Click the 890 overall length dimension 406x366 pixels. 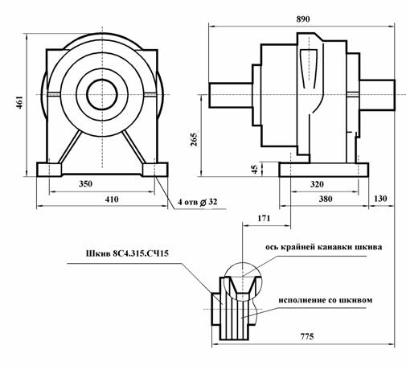pyautogui.click(x=303, y=19)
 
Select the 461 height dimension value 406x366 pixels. pyautogui.click(x=20, y=102)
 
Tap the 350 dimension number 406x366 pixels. pyautogui.click(x=85, y=184)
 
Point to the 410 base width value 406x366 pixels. pyautogui.click(x=112, y=199)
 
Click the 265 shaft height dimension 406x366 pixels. pyautogui.click(x=194, y=139)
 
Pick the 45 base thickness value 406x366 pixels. pyautogui.click(x=255, y=169)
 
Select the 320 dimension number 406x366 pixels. pyautogui.click(x=317, y=184)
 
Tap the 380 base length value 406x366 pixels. pyautogui.click(x=326, y=199)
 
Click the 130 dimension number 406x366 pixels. pyautogui.click(x=380, y=199)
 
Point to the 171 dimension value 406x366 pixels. pyautogui.click(x=264, y=219)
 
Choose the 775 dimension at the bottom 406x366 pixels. pyautogui.click(x=307, y=336)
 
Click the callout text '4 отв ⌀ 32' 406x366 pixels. pyautogui.click(x=198, y=202)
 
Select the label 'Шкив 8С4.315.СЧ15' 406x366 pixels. pyautogui.click(x=127, y=253)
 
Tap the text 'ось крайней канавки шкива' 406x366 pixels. pyautogui.click(x=324, y=247)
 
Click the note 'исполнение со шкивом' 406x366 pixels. pyautogui.click(x=326, y=300)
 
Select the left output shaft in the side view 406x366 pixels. pyautogui.click(x=231, y=95)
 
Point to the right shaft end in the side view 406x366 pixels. pyautogui.click(x=377, y=95)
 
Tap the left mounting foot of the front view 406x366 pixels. pyautogui.click(x=49, y=170)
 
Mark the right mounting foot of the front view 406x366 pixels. pyautogui.click(x=155, y=170)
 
